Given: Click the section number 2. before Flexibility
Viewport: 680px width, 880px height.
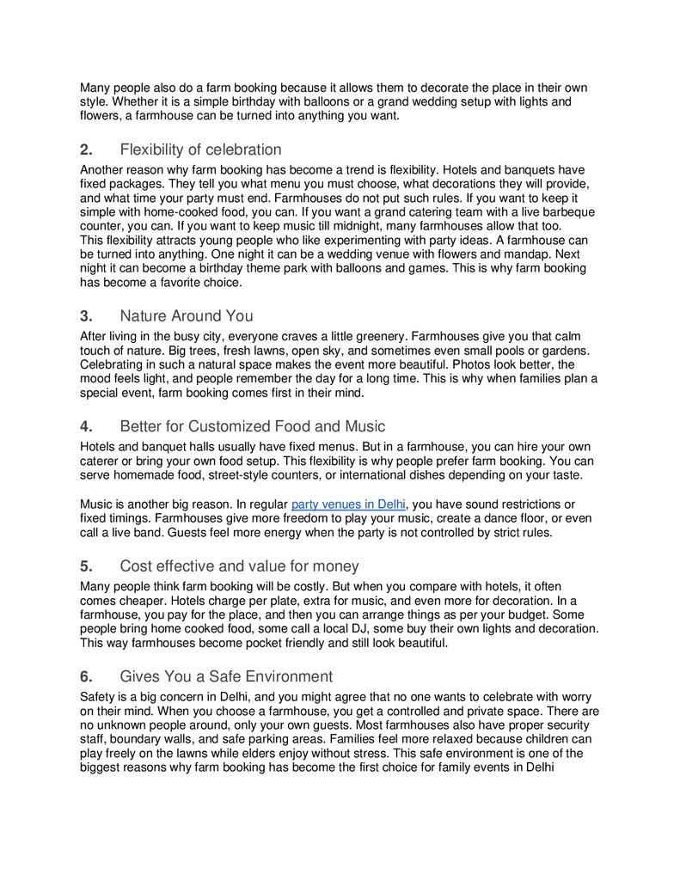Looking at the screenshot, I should click(x=86, y=150).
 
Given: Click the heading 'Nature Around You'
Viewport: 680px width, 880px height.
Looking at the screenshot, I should click(x=187, y=315).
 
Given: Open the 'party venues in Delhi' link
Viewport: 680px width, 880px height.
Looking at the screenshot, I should click(x=348, y=504).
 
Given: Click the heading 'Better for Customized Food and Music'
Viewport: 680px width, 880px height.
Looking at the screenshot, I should click(x=253, y=426).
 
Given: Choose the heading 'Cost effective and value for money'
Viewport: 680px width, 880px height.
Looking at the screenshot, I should click(x=240, y=566).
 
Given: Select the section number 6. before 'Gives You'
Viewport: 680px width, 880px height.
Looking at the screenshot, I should click(x=86, y=676).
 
